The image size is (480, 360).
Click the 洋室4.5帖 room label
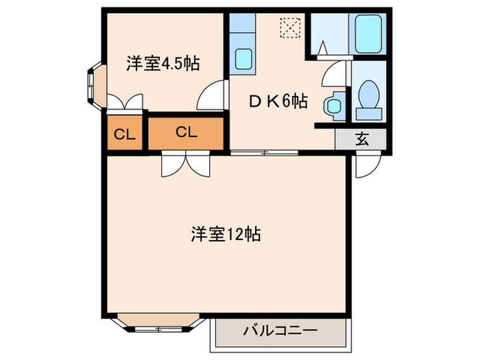(x=163, y=64)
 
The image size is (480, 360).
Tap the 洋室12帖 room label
(x=225, y=233)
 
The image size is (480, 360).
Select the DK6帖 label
(x=277, y=101)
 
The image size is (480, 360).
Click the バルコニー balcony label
(x=278, y=331)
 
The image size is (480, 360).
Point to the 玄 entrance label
(x=361, y=139)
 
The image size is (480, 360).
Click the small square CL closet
(x=124, y=134)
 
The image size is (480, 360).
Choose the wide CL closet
(x=186, y=133)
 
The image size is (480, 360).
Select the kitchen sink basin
(x=243, y=59)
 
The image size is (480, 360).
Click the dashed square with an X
(x=289, y=27)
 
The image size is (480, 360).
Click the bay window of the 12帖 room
(x=158, y=323)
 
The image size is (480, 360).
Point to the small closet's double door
(x=124, y=102)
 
